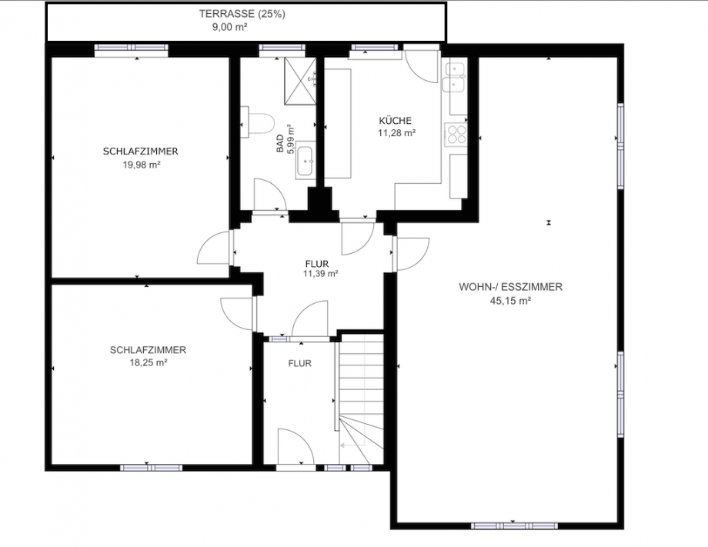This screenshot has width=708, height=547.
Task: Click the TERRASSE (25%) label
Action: click(242, 14)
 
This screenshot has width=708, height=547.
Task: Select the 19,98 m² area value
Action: click(140, 165)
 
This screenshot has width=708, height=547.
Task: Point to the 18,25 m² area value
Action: click(148, 362)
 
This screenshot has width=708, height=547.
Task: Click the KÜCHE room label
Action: click(396, 121)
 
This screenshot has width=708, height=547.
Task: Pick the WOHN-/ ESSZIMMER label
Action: click(510, 287)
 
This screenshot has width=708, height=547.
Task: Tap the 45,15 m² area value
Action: click(510, 301)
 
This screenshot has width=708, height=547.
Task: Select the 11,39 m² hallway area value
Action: click(320, 274)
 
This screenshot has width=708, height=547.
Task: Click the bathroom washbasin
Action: click(306, 161)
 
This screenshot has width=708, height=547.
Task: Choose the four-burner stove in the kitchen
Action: click(456, 134)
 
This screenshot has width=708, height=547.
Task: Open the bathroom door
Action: click(269, 195)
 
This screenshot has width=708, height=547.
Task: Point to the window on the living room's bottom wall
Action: click(514, 526)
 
